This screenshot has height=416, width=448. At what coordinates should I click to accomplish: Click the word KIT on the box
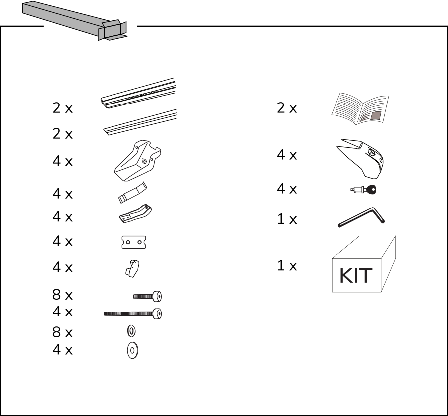pos(356,276)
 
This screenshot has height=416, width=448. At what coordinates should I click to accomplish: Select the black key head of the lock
pos(371,190)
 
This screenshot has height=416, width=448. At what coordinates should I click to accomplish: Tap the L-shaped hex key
pos(361,217)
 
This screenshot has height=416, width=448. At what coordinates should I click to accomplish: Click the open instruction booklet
pos(360,108)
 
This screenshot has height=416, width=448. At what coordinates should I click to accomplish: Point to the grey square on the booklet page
pos(376,115)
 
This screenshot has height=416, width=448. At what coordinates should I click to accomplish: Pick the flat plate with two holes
pos(134,242)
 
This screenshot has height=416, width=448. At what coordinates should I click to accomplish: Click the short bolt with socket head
pos(147,296)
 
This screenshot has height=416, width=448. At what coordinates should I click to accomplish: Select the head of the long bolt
pos(157,313)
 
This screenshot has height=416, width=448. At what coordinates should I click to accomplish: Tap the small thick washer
pos(131,331)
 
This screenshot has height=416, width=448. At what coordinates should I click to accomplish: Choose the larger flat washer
pos(132,350)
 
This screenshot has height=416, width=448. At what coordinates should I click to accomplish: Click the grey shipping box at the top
pos(75,20)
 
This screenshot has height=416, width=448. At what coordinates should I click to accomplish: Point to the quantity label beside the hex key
pos(287,219)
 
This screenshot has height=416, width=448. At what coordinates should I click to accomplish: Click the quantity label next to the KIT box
pos(287,265)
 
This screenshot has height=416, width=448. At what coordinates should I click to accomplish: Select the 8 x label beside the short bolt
pos(62,295)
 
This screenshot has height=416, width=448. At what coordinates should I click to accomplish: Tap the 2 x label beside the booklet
pos(287,108)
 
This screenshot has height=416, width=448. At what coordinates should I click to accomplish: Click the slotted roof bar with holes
pos(138,93)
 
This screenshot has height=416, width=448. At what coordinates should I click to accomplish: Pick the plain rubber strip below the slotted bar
pos(140,122)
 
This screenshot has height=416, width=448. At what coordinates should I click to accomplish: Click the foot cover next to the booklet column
pos(360,159)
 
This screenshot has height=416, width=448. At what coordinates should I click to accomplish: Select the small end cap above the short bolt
pos(132,269)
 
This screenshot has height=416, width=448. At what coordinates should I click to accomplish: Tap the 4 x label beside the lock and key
pos(287,189)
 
